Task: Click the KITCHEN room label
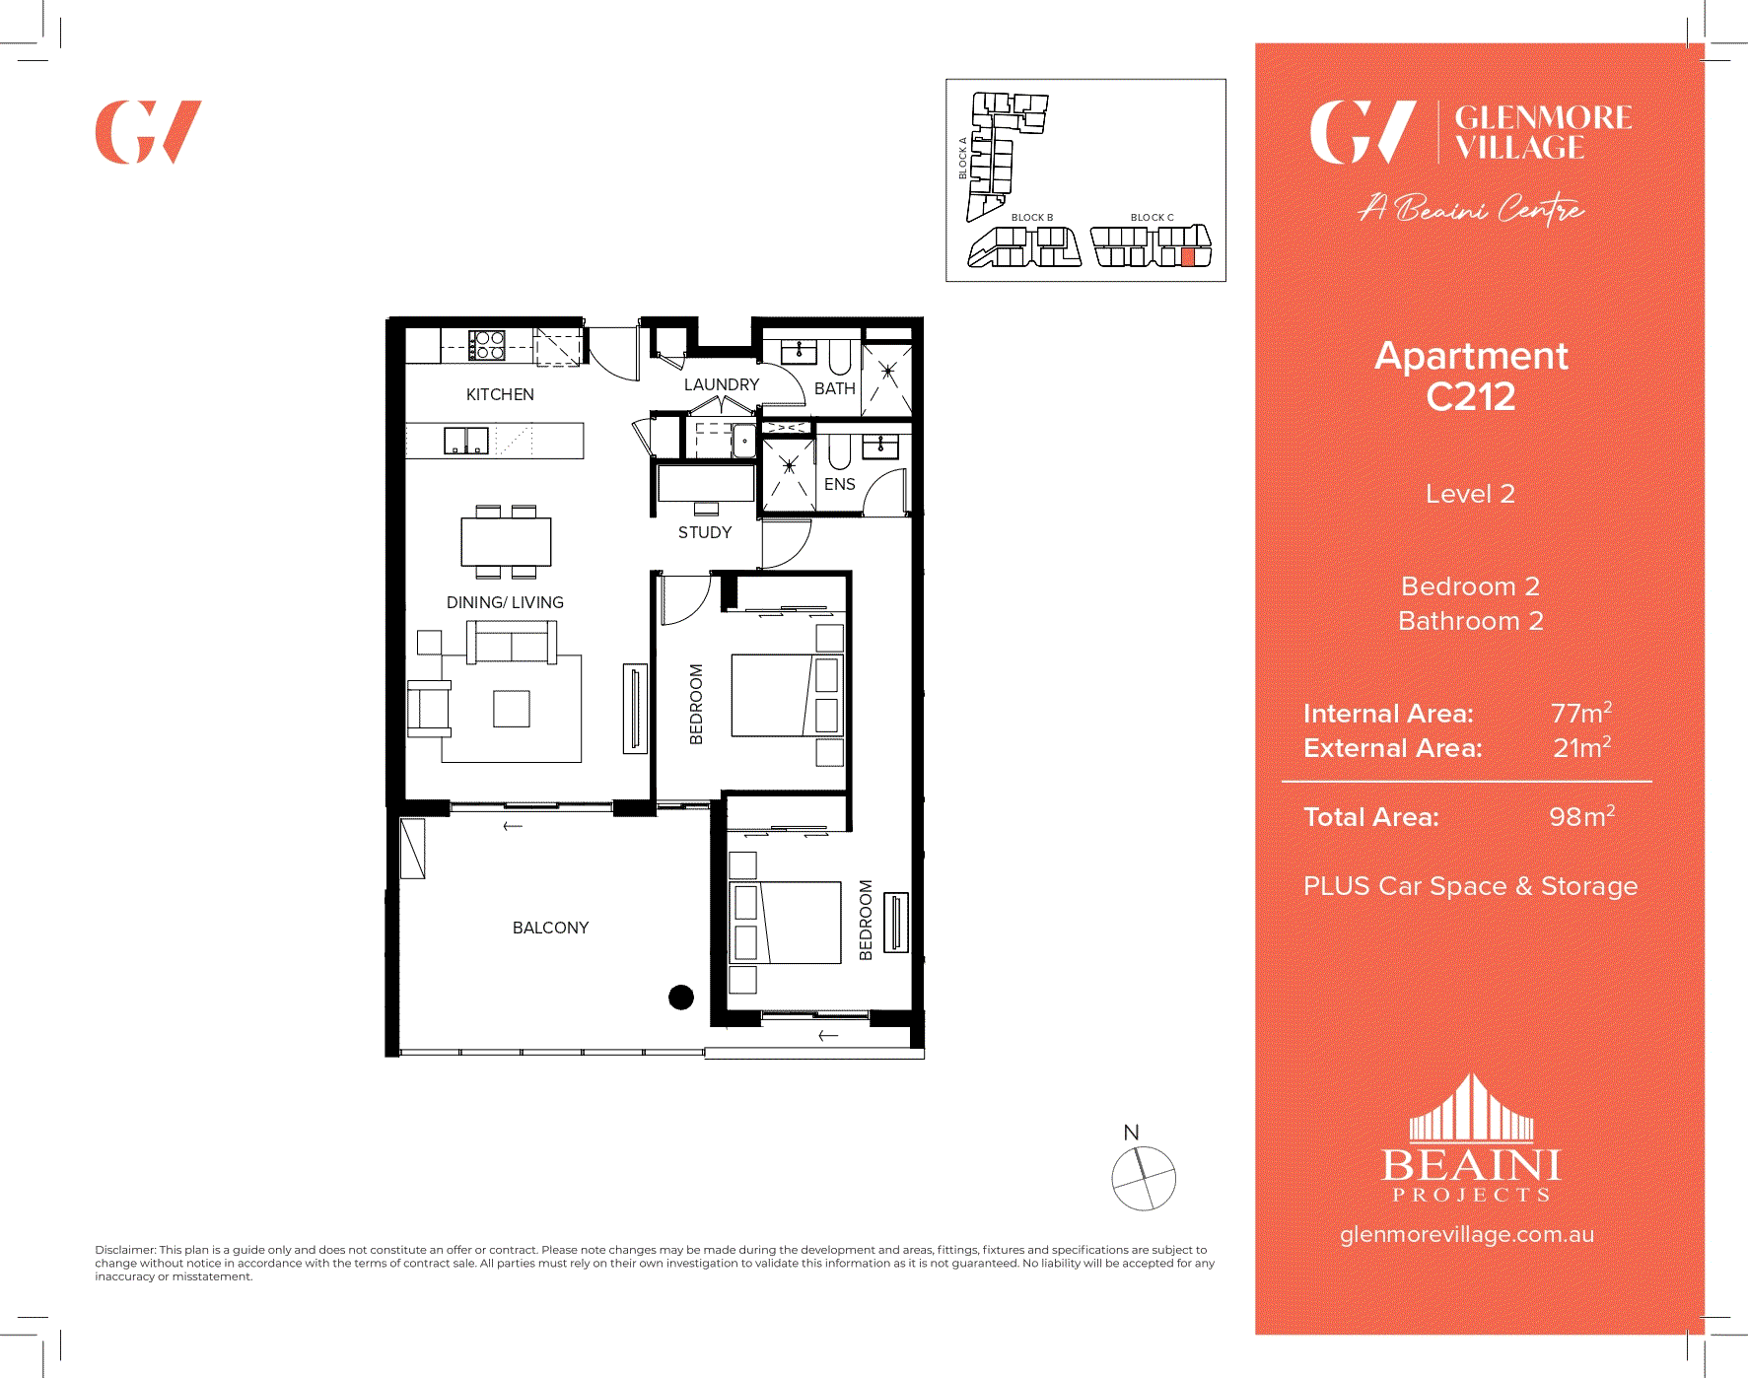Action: [500, 394]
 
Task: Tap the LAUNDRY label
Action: [722, 384]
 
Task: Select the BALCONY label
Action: [550, 928]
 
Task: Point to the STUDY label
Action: [705, 532]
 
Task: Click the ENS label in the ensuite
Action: [839, 484]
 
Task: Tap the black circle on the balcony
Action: [681, 998]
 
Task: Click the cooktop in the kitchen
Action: [487, 345]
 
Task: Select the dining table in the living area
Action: [506, 541]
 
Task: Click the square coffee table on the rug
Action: [512, 709]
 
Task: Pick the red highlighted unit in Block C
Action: [1188, 257]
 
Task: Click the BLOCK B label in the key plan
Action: [1031, 217]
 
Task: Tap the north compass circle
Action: [1144, 1178]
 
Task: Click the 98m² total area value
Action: [1581, 816]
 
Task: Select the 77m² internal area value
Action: [1580, 713]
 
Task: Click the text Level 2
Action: [1470, 494]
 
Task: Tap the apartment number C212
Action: [1470, 397]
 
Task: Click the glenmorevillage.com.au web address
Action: [1466, 1234]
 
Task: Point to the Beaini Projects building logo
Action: [1471, 1109]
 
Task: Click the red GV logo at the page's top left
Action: [148, 132]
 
